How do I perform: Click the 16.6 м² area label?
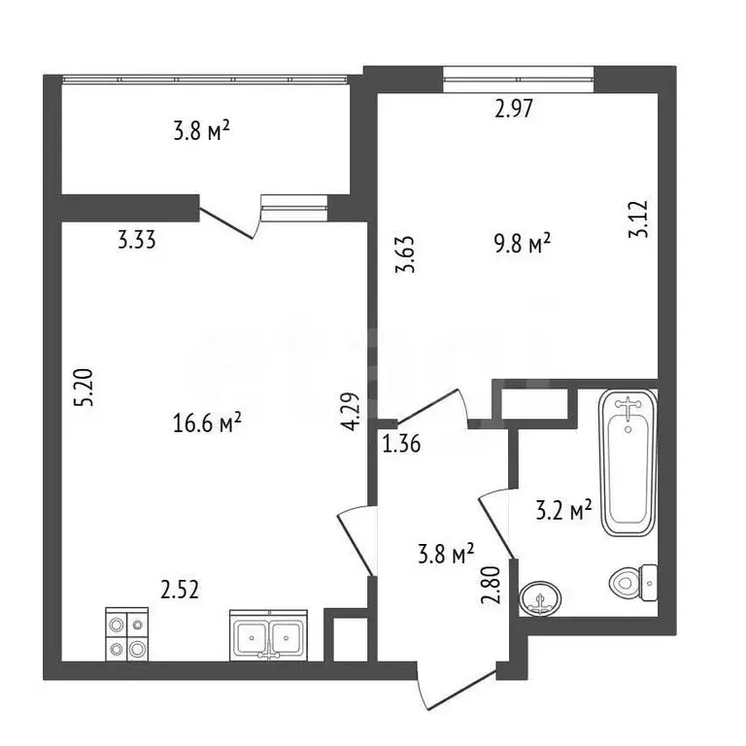[x=207, y=423]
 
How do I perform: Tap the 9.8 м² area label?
[x=523, y=244]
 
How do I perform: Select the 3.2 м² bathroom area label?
[x=563, y=510]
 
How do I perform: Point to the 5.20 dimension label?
[x=84, y=387]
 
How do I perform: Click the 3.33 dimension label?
[x=137, y=240]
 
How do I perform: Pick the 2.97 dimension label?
[x=514, y=109]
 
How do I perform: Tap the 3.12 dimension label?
[x=638, y=219]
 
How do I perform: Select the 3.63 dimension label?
[x=405, y=254]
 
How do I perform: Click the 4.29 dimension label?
[x=351, y=411]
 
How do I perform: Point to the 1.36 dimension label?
[x=401, y=444]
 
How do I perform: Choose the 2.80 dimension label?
[x=491, y=585]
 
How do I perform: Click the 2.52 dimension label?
[x=180, y=591]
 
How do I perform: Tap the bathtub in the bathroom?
[x=628, y=463]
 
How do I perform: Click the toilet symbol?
[x=633, y=582]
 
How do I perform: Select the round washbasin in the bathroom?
[x=539, y=598]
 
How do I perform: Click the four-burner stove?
[x=126, y=634]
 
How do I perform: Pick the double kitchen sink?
[x=268, y=635]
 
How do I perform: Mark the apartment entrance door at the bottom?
[x=456, y=689]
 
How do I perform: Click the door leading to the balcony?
[x=229, y=222]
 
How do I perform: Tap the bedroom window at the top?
[x=519, y=79]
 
